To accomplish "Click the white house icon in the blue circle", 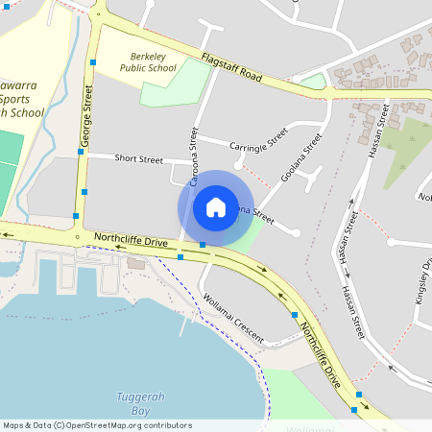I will click(216, 207).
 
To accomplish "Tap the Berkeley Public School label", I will click(148, 62).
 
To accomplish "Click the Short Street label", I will click(138, 158).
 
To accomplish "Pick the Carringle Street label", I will click(258, 139).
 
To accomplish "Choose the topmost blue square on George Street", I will click(93, 62).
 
